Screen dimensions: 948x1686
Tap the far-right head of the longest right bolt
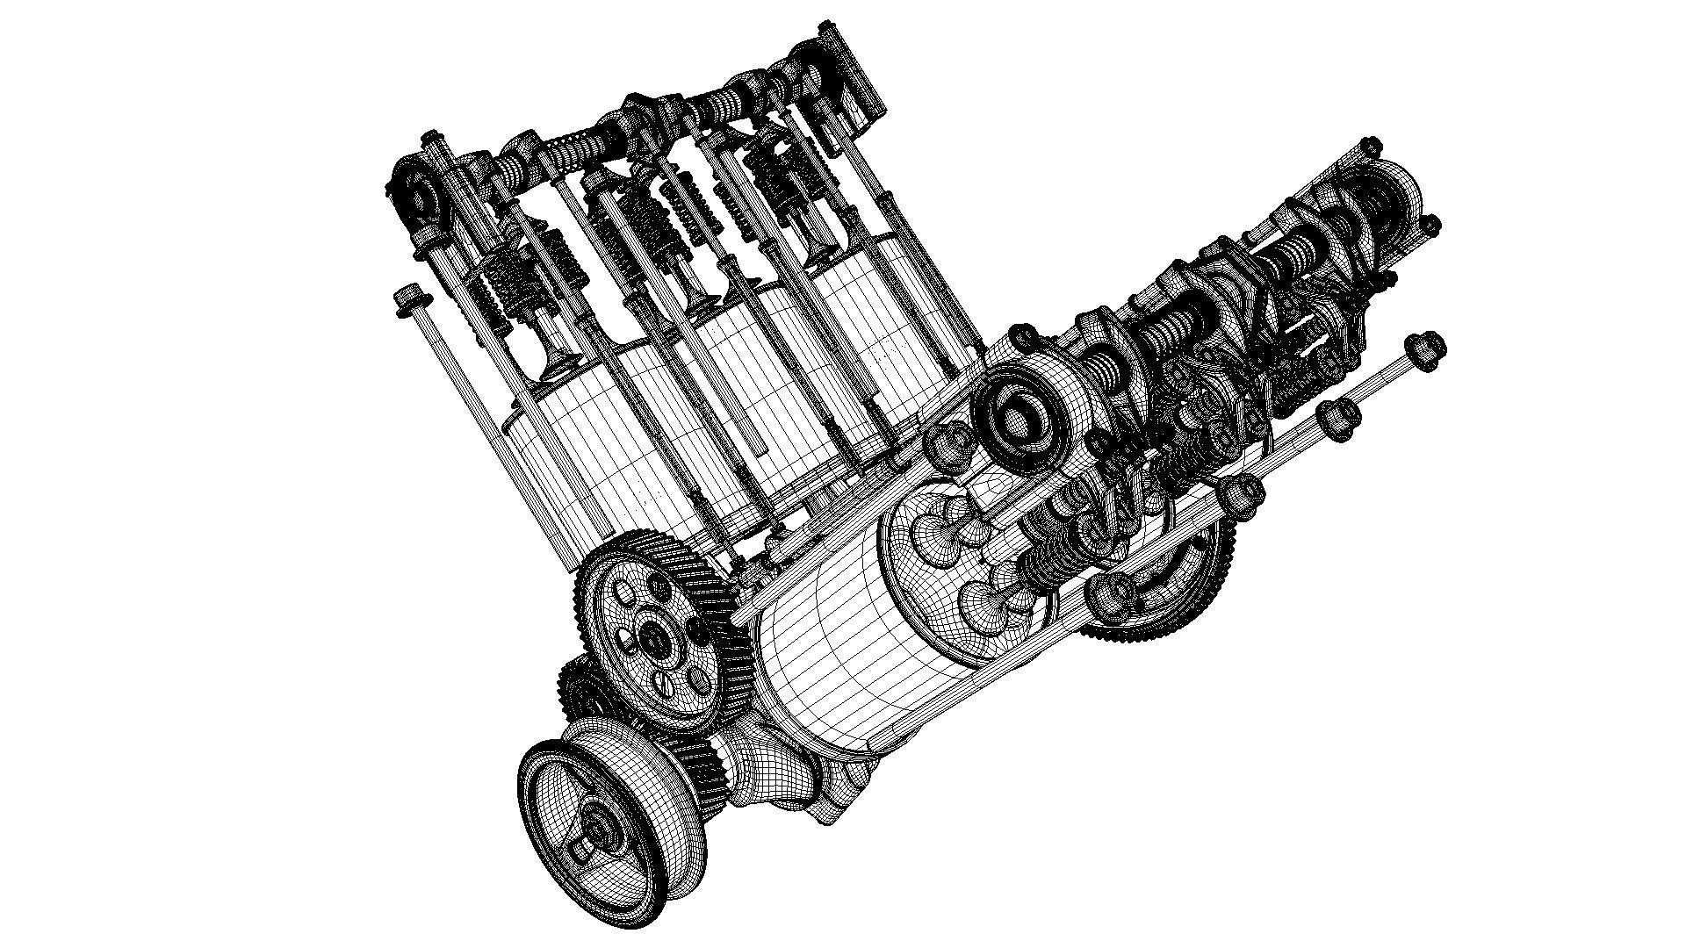pyautogui.click(x=1423, y=350)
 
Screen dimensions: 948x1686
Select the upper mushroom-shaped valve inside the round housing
pyautogui.click(x=948, y=527)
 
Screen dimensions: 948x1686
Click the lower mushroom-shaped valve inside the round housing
pyautogui.click(x=992, y=606)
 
